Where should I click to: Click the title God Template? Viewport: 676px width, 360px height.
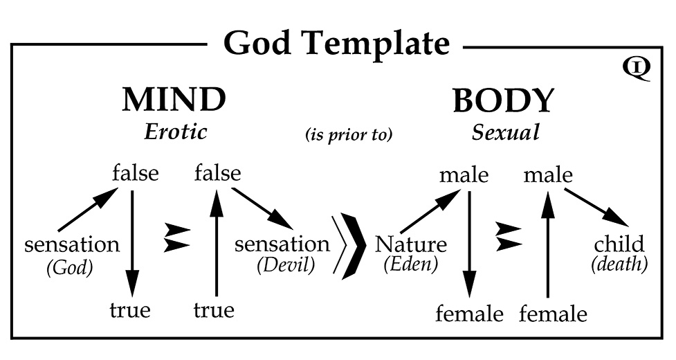[336, 44]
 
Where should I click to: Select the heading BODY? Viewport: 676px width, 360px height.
[503, 101]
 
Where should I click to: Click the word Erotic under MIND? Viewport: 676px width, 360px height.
[176, 132]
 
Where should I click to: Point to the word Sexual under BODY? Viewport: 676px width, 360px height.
[505, 133]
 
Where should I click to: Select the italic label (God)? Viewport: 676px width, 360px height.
[69, 268]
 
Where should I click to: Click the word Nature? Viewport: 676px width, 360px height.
[411, 244]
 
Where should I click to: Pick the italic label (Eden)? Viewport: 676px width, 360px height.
[411, 264]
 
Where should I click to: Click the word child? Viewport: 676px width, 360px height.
[619, 244]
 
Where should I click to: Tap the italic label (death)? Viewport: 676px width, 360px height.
[619, 264]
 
